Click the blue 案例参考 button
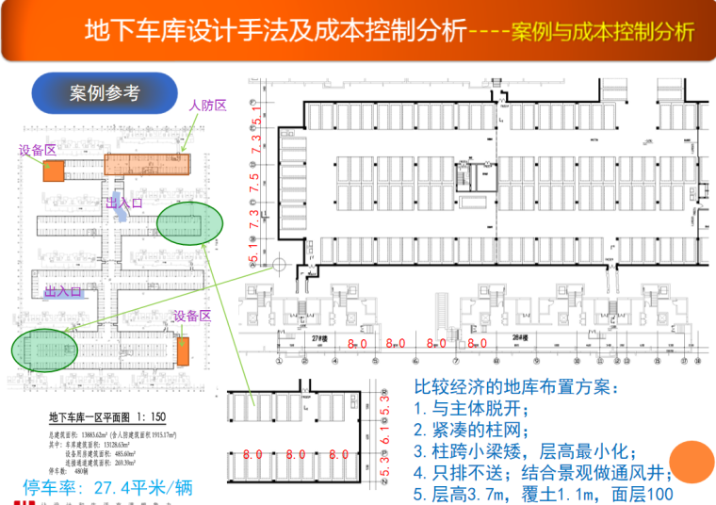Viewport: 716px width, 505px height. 105,93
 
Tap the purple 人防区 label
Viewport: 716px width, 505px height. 208,106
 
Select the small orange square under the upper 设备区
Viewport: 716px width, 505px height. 53,171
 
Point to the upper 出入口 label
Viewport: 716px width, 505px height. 124,203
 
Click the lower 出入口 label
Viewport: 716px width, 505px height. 64,291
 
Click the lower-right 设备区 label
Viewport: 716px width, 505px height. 192,316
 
